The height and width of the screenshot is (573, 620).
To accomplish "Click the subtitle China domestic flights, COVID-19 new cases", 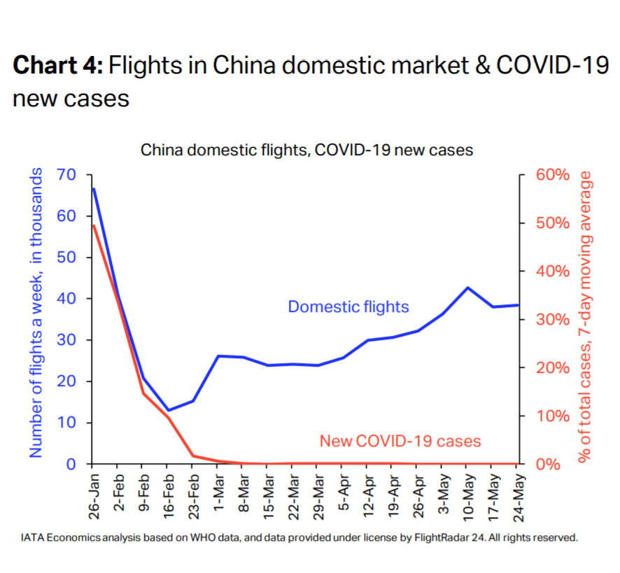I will (307, 150).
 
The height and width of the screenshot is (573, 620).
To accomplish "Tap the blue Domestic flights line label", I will (348, 306).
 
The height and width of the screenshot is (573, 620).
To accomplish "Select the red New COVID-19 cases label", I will (400, 441).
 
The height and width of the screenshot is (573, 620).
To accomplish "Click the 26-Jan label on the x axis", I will (94, 494).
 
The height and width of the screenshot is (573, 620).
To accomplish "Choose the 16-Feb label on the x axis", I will (168, 494).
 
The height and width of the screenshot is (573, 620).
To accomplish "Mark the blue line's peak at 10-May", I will (467, 288).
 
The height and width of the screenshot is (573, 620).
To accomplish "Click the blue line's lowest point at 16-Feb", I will (168, 410).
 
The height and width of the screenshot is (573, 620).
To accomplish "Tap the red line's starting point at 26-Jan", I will (94, 225).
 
